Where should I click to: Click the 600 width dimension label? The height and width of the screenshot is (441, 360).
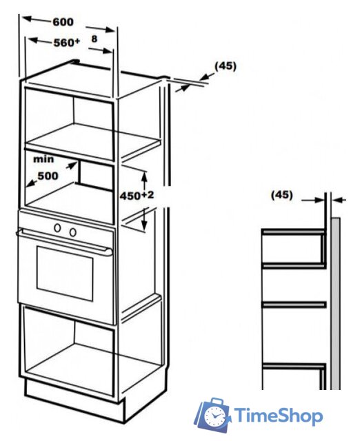point(63,22)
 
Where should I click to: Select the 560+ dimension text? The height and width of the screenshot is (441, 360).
point(67,43)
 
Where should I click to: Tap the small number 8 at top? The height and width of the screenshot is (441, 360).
point(94,39)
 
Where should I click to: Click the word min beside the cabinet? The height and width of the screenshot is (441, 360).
point(43,159)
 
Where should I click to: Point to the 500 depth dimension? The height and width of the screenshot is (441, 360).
point(48,176)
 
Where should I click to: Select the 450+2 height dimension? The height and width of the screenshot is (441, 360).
point(137,196)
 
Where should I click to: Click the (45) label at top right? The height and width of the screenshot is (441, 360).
point(226,66)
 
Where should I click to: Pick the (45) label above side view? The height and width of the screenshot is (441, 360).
point(282,195)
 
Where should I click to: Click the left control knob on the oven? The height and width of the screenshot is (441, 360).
point(57,228)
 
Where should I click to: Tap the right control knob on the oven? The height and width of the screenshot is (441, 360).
point(73,232)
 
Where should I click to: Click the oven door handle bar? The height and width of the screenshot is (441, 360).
point(64,242)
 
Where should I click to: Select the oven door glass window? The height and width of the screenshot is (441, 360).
point(65,274)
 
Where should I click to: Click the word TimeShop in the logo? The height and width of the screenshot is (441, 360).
point(279,416)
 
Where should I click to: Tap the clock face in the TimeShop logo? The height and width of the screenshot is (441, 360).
point(214,416)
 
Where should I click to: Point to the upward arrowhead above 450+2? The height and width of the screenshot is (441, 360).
point(144,176)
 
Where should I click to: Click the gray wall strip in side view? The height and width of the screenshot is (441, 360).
point(335,303)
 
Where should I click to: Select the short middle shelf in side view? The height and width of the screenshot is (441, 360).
point(294,305)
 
